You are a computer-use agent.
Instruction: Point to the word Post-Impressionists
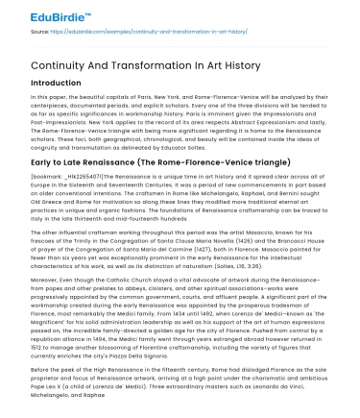[x=55, y=124]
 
